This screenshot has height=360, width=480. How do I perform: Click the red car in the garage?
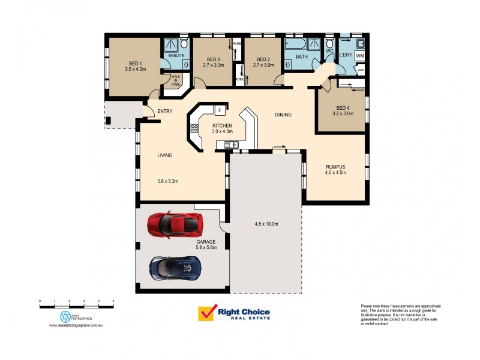[175, 224]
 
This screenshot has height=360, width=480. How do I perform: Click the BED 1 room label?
[135, 64]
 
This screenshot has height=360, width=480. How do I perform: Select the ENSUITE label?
[176, 55]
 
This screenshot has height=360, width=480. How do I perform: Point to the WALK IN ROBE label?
[175, 80]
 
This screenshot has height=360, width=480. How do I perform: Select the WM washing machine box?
[359, 55]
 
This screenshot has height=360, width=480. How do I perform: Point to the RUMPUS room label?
[335, 167]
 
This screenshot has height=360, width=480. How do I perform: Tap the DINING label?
[283, 115]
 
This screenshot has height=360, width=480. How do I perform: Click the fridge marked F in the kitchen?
[220, 110]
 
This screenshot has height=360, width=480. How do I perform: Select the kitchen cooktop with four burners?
[194, 128]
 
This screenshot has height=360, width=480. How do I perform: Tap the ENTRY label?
[164, 112]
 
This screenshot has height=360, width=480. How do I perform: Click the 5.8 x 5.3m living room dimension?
[168, 181]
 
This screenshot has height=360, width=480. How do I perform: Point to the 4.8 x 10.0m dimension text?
[266, 224]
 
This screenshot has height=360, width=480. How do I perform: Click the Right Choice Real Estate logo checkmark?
[207, 313]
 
